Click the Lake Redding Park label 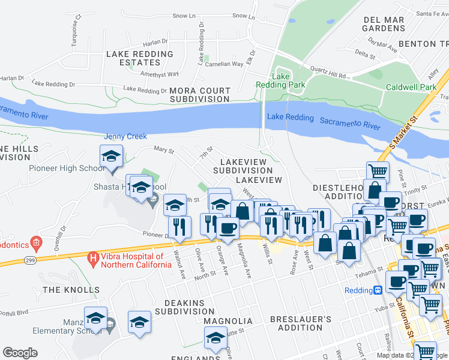(x=289, y=80)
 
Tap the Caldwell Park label (x=411, y=87)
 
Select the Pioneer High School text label (x=67, y=168)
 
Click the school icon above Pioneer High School (x=111, y=157)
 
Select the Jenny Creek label (x=125, y=136)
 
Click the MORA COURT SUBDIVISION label (x=200, y=95)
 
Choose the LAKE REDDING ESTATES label (x=140, y=58)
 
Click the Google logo (x=20, y=352)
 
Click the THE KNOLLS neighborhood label (x=71, y=290)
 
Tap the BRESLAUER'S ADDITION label (x=300, y=324)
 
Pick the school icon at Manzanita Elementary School (x=95, y=318)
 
